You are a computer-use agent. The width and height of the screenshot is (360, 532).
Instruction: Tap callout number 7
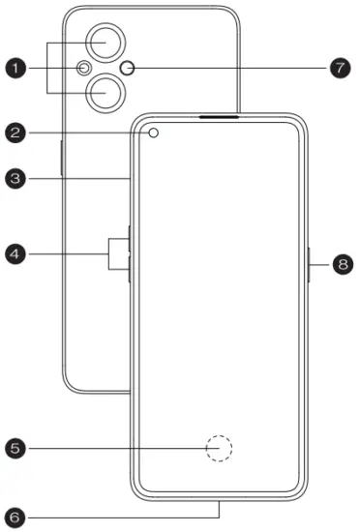click(338, 68)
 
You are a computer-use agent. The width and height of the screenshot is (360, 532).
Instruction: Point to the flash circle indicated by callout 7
click(133, 68)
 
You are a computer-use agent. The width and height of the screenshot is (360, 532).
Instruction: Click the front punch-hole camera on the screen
click(154, 133)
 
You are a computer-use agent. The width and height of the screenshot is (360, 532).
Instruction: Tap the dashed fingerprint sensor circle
click(220, 447)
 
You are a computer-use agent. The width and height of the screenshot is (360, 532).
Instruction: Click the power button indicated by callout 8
click(309, 262)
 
